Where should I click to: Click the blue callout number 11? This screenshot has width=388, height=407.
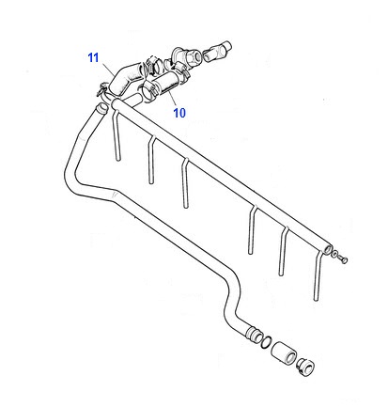pos(93,58)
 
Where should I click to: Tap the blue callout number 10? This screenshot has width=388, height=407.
pos(179,113)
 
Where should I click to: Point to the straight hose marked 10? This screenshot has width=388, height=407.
pos(166,82)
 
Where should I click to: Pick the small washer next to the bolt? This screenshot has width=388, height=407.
pos(335,254)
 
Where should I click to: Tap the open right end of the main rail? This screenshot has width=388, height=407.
pos(328,249)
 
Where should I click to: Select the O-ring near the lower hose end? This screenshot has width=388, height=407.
pos(266,342)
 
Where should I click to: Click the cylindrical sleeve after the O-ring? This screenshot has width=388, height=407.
pos(284,353)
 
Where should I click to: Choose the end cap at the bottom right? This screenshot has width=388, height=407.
pos(305,368)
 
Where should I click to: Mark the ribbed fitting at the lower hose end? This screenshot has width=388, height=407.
pos(255,335)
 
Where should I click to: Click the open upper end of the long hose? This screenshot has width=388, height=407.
pos(102,109)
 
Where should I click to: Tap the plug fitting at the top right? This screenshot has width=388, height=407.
pos(218,51)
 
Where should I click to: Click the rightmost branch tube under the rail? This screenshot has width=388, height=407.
pos(318,275)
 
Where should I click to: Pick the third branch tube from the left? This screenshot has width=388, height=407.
pos(185,182)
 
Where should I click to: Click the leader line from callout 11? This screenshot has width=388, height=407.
pos(107,69)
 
